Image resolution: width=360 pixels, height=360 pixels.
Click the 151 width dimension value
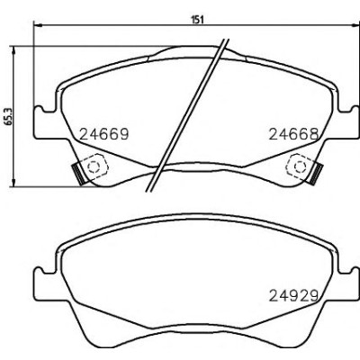pos(197,20)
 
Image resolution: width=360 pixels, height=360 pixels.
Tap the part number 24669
pos(104,134)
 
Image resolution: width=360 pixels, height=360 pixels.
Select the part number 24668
pos(293,134)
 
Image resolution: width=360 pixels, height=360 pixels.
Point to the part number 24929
pos(293,295)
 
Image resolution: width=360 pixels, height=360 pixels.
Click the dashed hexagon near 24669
pos(94,166)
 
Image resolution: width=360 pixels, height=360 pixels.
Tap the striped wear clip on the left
pos(77,174)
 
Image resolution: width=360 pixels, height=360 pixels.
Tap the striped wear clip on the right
pos(317,174)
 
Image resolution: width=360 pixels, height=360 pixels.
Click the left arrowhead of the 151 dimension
pos(36,25)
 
